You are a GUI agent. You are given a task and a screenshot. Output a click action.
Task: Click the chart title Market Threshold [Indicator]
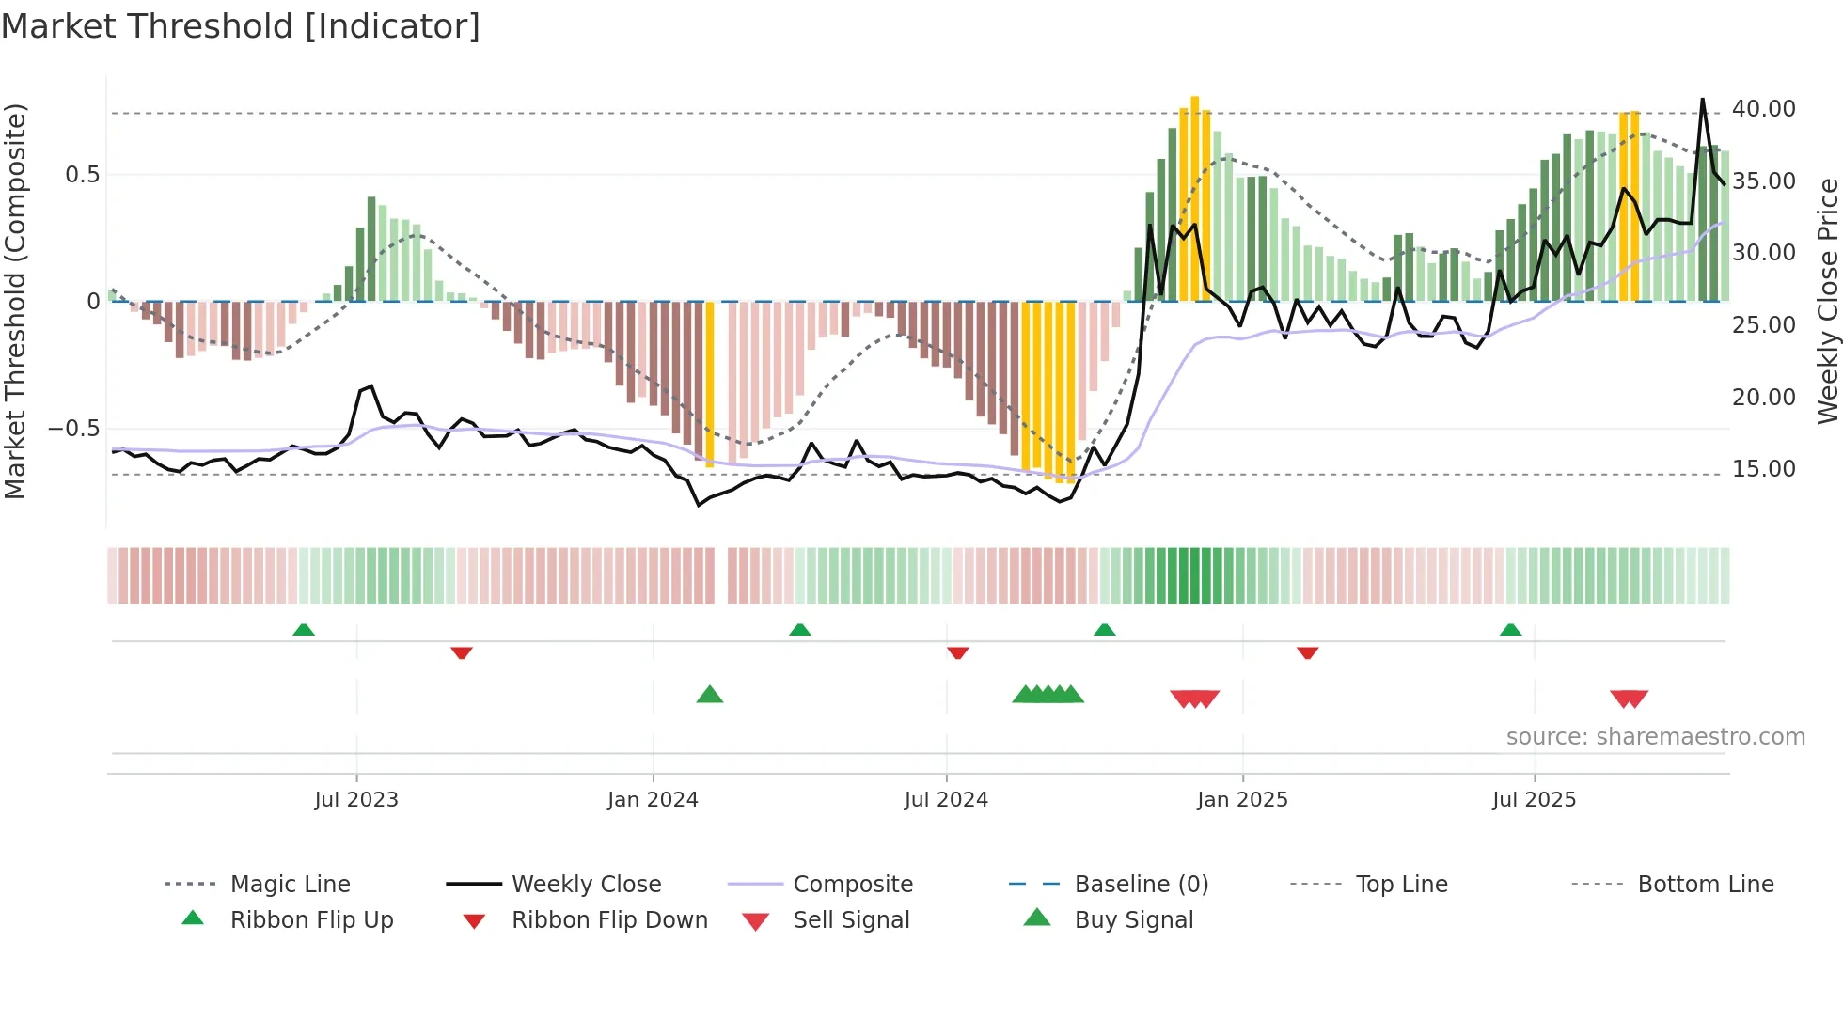[x=241, y=26]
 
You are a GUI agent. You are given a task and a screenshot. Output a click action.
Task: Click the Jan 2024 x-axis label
[x=653, y=799]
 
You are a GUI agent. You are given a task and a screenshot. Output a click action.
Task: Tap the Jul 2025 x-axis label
[x=1534, y=799]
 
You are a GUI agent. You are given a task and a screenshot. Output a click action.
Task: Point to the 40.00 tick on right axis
[x=1763, y=109]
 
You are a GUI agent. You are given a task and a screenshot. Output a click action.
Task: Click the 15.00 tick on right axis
[x=1763, y=468]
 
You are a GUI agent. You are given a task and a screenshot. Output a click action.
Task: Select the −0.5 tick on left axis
[x=73, y=429]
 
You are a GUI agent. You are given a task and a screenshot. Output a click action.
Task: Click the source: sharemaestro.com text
[x=1655, y=737]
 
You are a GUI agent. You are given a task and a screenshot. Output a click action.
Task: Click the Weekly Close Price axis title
[x=1826, y=301]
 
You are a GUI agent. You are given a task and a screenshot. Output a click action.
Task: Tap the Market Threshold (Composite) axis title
[x=15, y=301]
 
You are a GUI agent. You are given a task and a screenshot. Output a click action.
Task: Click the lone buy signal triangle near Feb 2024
[x=710, y=695]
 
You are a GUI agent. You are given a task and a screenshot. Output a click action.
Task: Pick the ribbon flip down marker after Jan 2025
[x=1307, y=652]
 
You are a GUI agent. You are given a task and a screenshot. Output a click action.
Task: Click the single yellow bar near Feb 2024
[x=710, y=384]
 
